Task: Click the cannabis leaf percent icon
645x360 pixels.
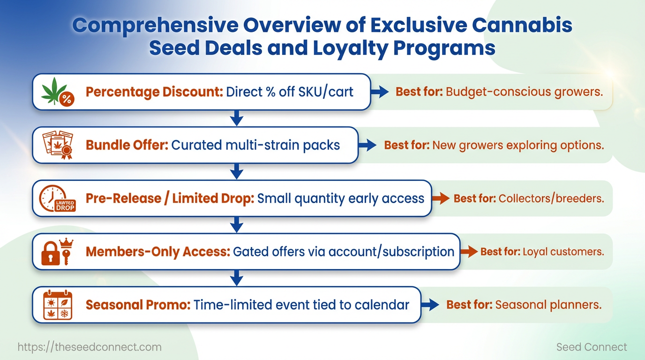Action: point(58,92)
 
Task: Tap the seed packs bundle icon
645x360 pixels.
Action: point(58,145)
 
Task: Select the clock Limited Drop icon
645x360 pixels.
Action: point(57,198)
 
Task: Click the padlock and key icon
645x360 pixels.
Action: point(57,251)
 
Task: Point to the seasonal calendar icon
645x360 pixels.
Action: point(58,305)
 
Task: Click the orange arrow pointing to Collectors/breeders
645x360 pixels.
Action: point(441,198)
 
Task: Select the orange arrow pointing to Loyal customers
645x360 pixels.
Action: point(469,251)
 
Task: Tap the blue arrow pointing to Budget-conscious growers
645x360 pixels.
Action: point(380,92)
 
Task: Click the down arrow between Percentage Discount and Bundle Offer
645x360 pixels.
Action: point(237,118)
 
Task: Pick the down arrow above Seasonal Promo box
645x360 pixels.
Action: point(237,277)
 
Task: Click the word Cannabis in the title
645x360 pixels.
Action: point(522,25)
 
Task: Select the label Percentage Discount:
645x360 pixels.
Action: point(154,92)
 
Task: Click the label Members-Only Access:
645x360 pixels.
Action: point(158,252)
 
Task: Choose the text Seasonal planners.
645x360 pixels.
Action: point(548,305)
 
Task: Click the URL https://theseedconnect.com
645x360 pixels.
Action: point(90,347)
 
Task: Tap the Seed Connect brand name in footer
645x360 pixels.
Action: point(592,347)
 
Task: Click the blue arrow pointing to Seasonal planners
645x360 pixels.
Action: point(430,305)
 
